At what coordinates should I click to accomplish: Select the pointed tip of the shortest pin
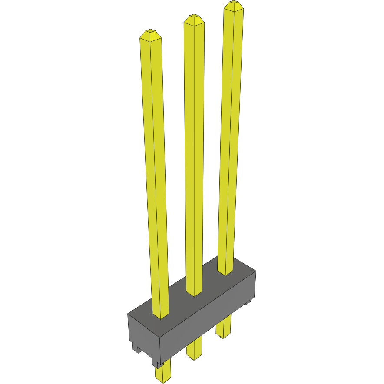[150, 33]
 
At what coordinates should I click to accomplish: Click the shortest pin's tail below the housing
[163, 373]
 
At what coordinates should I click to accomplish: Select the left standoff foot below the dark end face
[136, 348]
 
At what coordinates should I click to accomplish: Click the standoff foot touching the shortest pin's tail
[156, 362]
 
